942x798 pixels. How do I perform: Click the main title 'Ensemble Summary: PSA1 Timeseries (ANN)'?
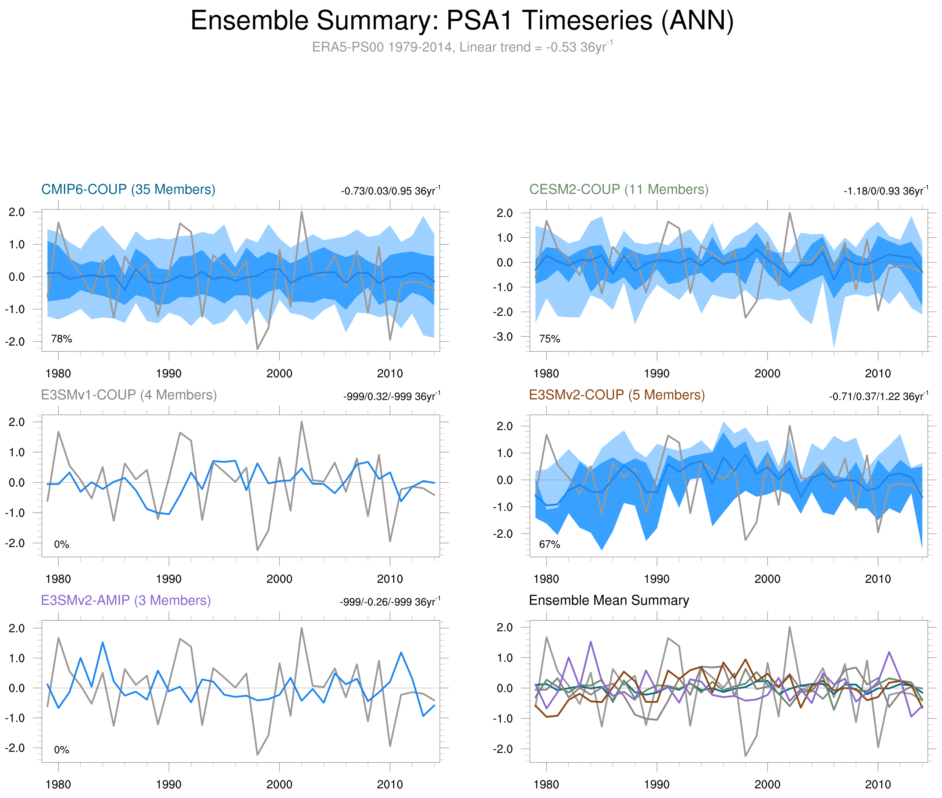pos(462,21)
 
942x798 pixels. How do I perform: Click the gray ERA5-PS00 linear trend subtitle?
pos(462,47)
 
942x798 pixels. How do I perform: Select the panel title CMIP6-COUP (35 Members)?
pos(128,189)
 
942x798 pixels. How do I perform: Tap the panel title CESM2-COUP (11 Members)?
pos(619,189)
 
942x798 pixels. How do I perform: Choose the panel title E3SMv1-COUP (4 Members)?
pos(129,395)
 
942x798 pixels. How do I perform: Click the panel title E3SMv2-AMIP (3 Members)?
pos(126,600)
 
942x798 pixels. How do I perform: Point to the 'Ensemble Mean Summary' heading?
pos(609,600)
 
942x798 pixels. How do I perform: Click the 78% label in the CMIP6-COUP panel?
pos(62,339)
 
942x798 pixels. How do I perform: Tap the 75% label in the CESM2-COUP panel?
pos(550,339)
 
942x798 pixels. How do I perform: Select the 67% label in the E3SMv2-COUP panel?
pos(550,544)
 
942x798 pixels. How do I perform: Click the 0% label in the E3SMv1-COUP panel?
pos(62,544)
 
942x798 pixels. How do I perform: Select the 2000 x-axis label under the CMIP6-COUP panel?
pos(279,374)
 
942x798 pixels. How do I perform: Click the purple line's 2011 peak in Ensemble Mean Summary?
pos(889,652)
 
